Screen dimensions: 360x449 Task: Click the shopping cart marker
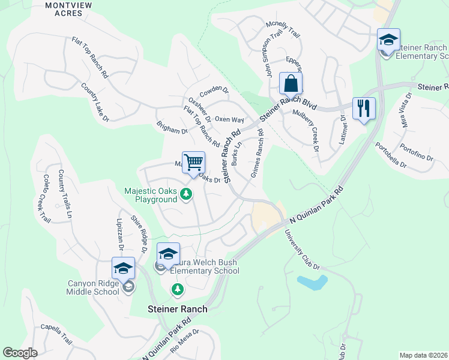193,163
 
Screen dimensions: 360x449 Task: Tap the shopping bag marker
291,84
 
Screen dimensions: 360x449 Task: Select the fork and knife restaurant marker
364,109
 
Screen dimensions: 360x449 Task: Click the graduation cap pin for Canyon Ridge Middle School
123,269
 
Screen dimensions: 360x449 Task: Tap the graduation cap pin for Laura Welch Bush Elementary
168,254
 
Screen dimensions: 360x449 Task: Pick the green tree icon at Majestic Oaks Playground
187,194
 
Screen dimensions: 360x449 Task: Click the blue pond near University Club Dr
312,282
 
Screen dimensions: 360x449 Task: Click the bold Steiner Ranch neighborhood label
177,309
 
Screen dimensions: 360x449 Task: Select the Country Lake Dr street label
95,103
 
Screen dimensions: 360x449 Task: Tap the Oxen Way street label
229,120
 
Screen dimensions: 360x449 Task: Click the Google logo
20,353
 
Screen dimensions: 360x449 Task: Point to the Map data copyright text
424,355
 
